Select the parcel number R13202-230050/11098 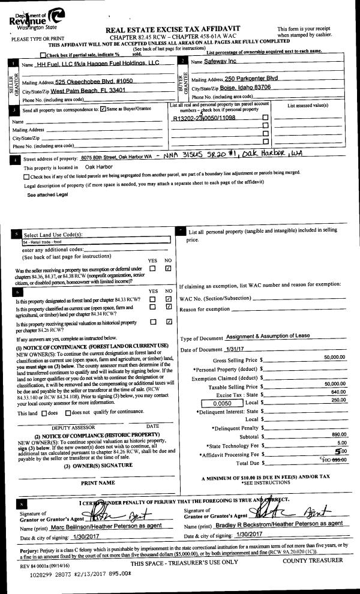pyautogui.click(x=203, y=118)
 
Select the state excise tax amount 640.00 pyautogui.click(x=339, y=393)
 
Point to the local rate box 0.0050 pyautogui.click(x=223, y=404)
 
